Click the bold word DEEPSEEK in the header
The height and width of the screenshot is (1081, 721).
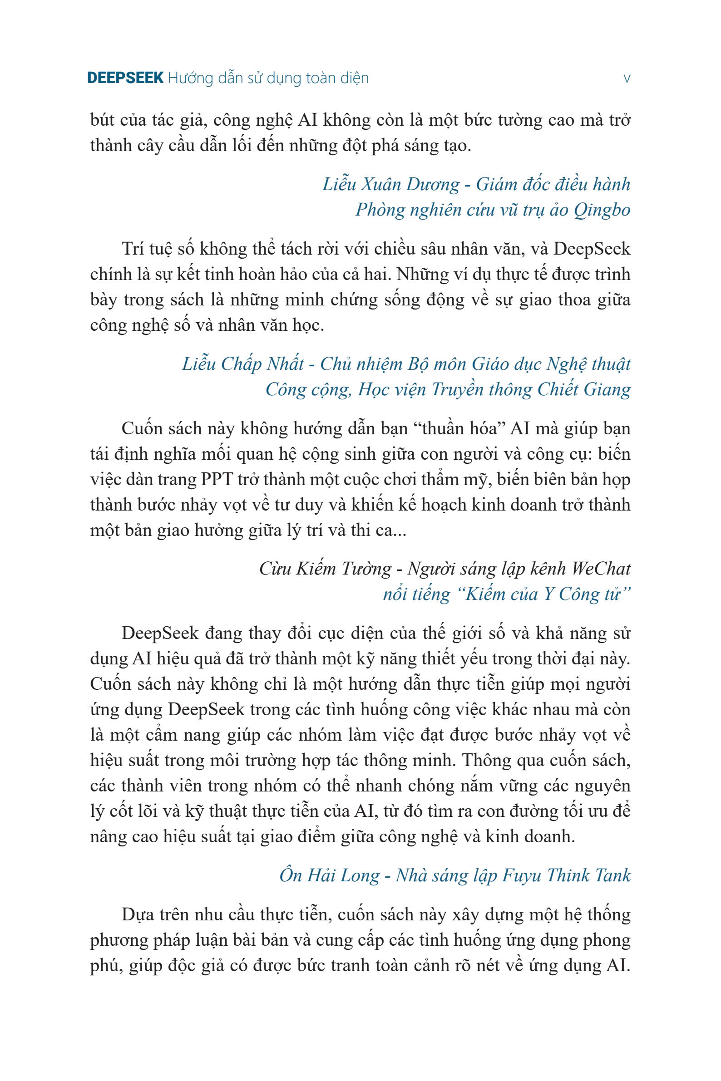tap(125, 78)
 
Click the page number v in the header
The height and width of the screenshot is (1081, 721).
tap(626, 79)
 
